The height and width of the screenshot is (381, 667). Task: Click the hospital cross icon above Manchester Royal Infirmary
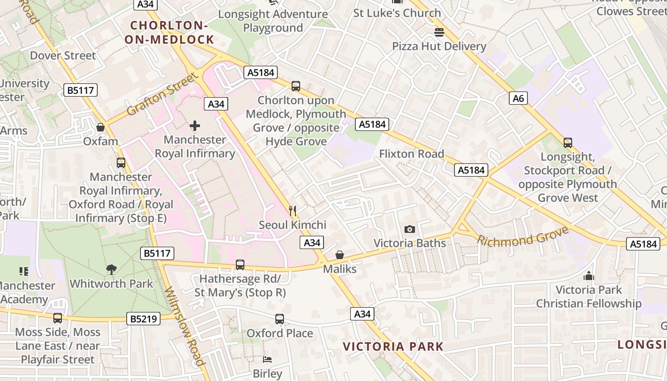coord(195,126)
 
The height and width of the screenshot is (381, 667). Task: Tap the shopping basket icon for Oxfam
coord(101,127)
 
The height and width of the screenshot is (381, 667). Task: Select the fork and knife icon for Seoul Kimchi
coord(293,211)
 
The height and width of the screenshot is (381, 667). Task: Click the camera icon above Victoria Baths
coord(409,230)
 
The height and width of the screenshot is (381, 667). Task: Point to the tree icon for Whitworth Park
coord(111,270)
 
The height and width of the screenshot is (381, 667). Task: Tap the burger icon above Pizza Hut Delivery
coord(439,32)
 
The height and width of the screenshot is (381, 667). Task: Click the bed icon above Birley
coord(267,359)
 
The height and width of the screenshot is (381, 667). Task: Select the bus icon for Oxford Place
coord(280,319)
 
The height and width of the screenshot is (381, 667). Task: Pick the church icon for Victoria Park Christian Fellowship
coord(589,276)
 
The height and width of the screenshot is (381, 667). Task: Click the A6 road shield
coord(518,99)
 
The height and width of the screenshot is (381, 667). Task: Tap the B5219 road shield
coord(143,319)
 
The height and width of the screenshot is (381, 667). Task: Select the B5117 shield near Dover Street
coord(81,90)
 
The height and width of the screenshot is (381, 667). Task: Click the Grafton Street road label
coord(162,94)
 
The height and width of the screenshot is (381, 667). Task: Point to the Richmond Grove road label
coord(523,237)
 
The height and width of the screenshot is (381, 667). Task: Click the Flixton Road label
coord(412,154)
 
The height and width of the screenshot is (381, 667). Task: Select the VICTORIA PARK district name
coord(393,346)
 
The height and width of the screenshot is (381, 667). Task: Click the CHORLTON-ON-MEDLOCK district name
coord(169,32)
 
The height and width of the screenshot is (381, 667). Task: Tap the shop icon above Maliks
coord(340,255)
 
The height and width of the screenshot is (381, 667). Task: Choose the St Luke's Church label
coord(397,13)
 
